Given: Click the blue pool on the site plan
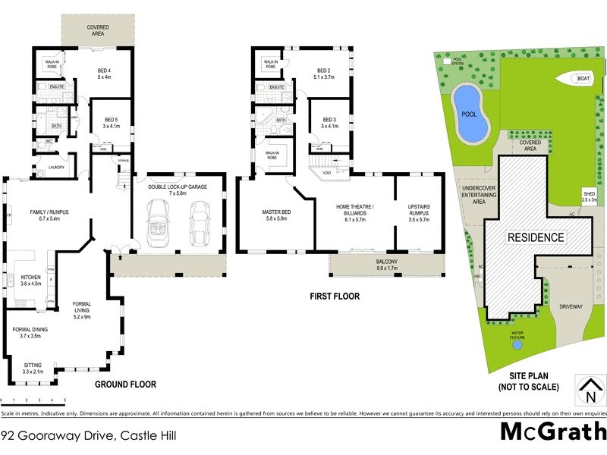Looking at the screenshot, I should pyautogui.click(x=468, y=114).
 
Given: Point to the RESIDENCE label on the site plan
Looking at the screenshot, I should pyautogui.click(x=536, y=237).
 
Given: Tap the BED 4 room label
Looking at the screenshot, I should pyautogui.click(x=104, y=74).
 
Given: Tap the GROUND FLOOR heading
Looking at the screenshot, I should pyautogui.click(x=125, y=384).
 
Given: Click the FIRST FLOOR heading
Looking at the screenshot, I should pyautogui.click(x=335, y=297).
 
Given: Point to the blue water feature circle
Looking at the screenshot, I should pyautogui.click(x=517, y=344).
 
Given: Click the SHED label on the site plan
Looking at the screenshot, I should pyautogui.click(x=589, y=196).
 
